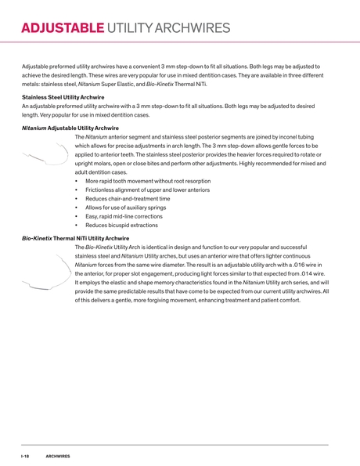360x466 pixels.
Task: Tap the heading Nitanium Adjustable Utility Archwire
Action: (x=70, y=128)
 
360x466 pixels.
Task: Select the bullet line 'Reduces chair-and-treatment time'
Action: (x=128, y=199)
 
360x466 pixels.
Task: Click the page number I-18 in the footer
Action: (x=25, y=455)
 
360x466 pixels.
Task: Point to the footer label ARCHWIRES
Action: (x=58, y=455)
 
